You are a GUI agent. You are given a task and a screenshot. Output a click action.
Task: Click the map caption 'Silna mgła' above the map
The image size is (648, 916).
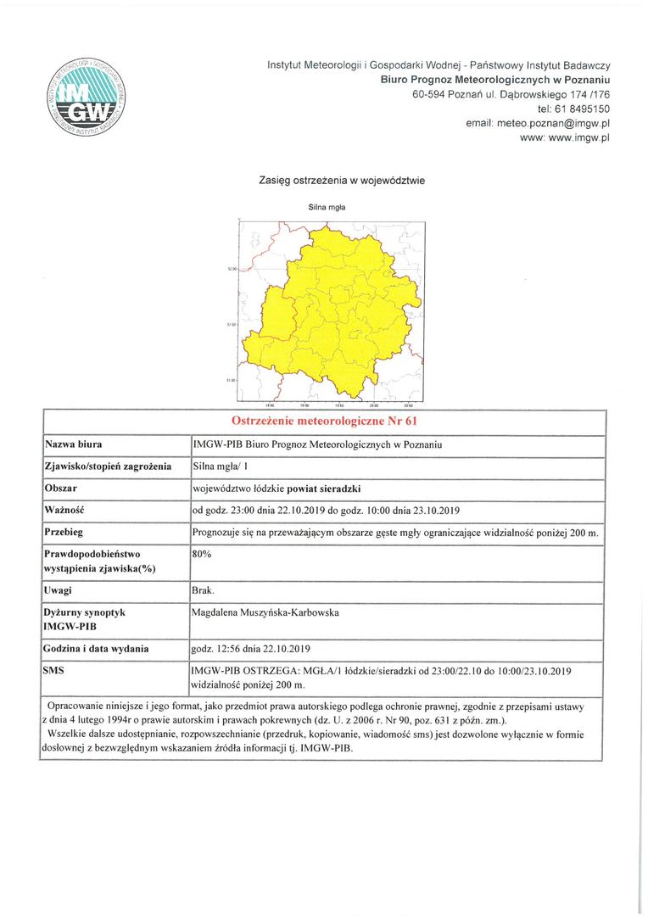click(x=327, y=206)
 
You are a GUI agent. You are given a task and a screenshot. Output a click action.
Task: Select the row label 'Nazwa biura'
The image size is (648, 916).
click(x=74, y=444)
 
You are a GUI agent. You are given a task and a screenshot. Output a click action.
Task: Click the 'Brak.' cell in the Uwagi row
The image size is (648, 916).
click(x=204, y=589)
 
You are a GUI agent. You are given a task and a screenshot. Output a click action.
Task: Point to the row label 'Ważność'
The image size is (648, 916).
click(x=66, y=510)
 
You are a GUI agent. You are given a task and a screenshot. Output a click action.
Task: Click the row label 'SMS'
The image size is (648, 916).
click(x=55, y=670)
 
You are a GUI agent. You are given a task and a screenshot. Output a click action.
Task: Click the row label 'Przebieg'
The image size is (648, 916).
click(x=67, y=532)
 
